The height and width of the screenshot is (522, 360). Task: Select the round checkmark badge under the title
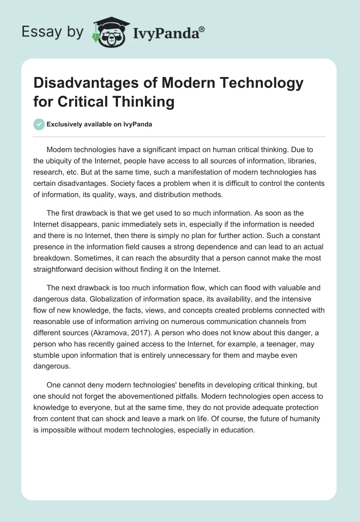[39, 124]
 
